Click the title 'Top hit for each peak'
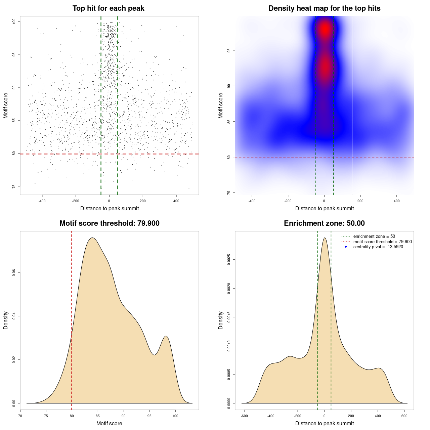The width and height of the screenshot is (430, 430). click(x=109, y=8)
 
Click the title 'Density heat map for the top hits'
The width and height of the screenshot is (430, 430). click(x=324, y=8)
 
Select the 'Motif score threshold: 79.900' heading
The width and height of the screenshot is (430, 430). click(x=109, y=223)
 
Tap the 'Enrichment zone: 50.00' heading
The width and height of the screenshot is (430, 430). click(x=324, y=223)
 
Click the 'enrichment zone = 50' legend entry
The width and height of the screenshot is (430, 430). click(x=374, y=236)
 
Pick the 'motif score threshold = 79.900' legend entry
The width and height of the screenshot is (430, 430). click(x=382, y=242)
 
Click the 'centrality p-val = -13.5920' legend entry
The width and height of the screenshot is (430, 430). click(x=378, y=247)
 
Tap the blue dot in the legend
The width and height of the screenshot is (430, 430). click(x=346, y=247)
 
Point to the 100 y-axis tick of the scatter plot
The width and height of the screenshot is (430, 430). click(x=14, y=21)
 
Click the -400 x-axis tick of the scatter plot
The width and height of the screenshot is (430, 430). click(x=42, y=201)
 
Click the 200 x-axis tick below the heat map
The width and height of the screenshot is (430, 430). click(x=360, y=201)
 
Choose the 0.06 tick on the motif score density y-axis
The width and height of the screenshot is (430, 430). click(x=14, y=272)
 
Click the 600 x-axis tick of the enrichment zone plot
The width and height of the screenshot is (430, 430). click(x=404, y=416)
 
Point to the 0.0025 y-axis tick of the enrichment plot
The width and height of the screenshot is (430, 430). click(x=229, y=260)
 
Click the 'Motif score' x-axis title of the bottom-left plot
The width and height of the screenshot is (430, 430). click(x=109, y=423)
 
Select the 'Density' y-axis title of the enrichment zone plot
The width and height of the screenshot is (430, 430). click(x=221, y=320)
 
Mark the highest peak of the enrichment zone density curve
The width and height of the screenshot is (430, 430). click(x=325, y=238)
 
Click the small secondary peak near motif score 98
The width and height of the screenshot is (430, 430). click(x=166, y=336)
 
